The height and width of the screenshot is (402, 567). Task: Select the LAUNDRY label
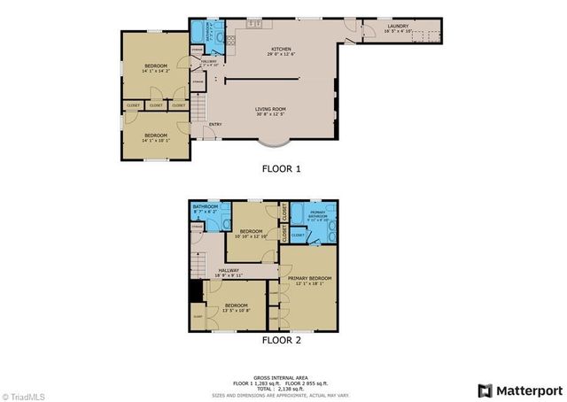pos(398,27)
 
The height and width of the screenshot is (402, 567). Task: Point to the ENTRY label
pos(215,124)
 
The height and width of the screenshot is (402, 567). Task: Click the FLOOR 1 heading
pos(281,167)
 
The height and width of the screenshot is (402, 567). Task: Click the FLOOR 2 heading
pos(281,339)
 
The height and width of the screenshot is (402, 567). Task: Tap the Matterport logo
pos(520,390)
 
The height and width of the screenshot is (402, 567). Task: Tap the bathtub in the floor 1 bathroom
pos(196,35)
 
